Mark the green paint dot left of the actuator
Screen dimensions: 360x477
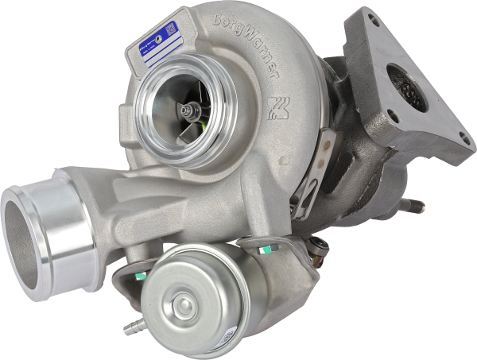(140, 276)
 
